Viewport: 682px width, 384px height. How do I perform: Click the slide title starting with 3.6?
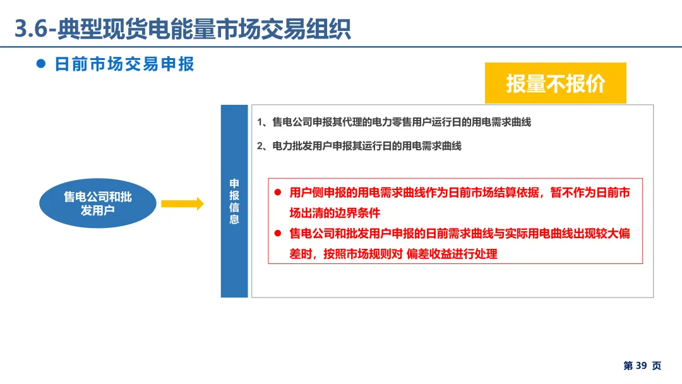[182, 30]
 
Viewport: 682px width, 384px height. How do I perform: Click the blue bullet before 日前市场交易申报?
[42, 64]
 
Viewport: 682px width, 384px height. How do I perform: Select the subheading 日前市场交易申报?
[124, 64]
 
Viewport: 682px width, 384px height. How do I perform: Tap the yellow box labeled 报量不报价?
[555, 83]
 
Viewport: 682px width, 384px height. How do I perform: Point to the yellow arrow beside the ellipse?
[182, 203]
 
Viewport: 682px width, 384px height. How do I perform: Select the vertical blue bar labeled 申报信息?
[234, 201]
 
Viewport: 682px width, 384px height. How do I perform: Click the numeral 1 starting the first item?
[260, 122]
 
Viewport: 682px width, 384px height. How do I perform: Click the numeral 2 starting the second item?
[260, 146]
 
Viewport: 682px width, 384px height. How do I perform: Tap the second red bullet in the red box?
[278, 234]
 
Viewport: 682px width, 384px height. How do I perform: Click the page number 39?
[641, 366]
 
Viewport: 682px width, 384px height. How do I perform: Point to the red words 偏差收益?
[428, 254]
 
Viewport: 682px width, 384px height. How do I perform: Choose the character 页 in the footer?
[657, 366]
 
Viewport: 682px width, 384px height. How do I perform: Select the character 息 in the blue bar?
[234, 220]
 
